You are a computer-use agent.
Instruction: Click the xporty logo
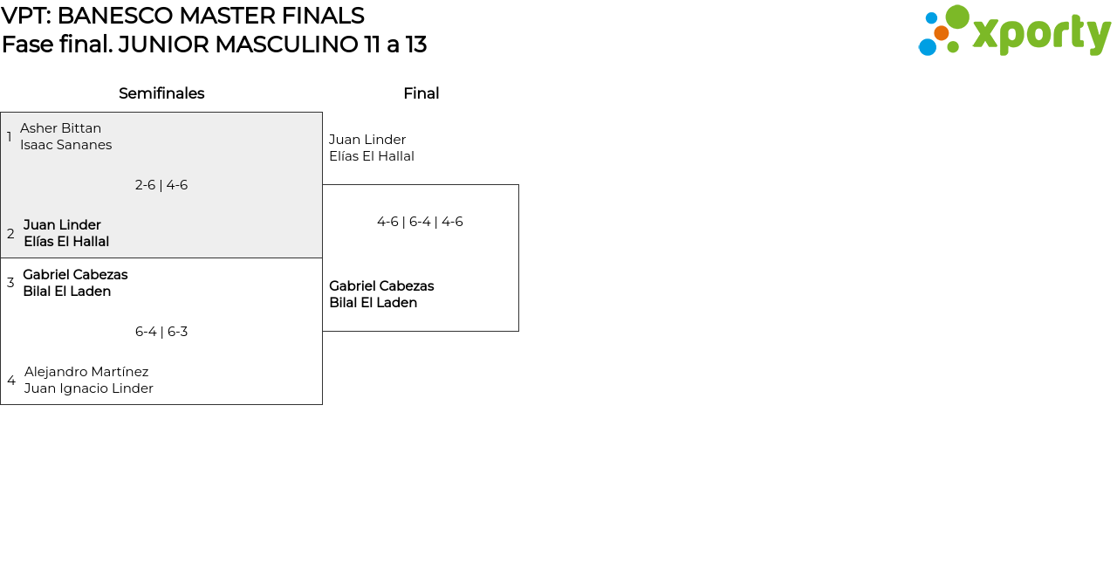tap(1014, 31)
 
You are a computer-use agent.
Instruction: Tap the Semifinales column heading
tap(161, 93)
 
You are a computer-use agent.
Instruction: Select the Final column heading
tap(421, 93)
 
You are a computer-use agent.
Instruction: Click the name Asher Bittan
tap(60, 128)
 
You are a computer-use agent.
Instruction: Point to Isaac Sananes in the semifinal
tap(65, 145)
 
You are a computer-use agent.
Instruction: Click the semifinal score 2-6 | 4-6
tap(161, 185)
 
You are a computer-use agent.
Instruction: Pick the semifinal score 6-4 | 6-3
tap(161, 332)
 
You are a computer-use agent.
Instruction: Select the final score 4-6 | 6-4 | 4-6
tap(420, 222)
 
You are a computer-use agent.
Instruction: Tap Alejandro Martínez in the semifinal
tap(86, 372)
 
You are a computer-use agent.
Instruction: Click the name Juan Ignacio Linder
tap(88, 388)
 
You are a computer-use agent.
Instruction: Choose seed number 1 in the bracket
tap(10, 137)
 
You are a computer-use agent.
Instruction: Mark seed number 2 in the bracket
tap(10, 234)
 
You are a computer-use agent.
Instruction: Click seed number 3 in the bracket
tap(10, 283)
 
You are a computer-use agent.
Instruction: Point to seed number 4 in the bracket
tap(11, 381)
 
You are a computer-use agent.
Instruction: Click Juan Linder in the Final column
tap(367, 140)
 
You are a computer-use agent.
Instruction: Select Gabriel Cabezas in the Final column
tap(381, 286)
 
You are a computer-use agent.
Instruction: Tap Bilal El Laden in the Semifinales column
tap(66, 292)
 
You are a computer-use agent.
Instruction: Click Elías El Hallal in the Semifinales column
tap(66, 242)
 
